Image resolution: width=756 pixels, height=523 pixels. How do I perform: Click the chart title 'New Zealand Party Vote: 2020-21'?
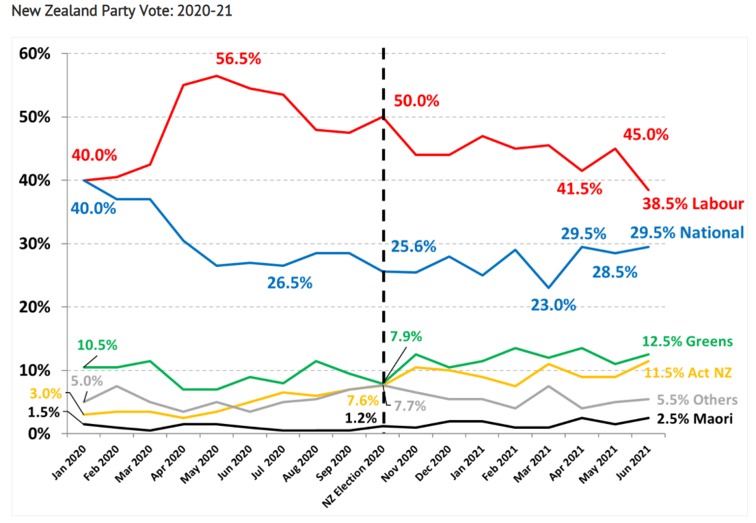(x=117, y=12)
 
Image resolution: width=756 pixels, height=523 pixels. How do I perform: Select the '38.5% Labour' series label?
(x=692, y=203)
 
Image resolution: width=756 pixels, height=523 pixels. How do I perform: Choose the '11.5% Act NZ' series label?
(x=688, y=373)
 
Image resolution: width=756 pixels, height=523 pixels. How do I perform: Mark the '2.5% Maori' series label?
(x=694, y=419)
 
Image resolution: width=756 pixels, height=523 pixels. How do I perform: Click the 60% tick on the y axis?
(x=34, y=53)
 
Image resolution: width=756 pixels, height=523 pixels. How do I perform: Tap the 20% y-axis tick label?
(x=34, y=307)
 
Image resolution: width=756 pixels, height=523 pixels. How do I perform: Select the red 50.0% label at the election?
(x=416, y=101)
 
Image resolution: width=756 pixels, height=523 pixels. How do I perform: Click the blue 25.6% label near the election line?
(x=413, y=246)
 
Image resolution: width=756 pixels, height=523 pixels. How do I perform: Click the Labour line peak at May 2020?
(x=217, y=76)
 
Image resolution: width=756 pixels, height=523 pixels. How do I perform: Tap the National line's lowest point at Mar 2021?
(x=548, y=287)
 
